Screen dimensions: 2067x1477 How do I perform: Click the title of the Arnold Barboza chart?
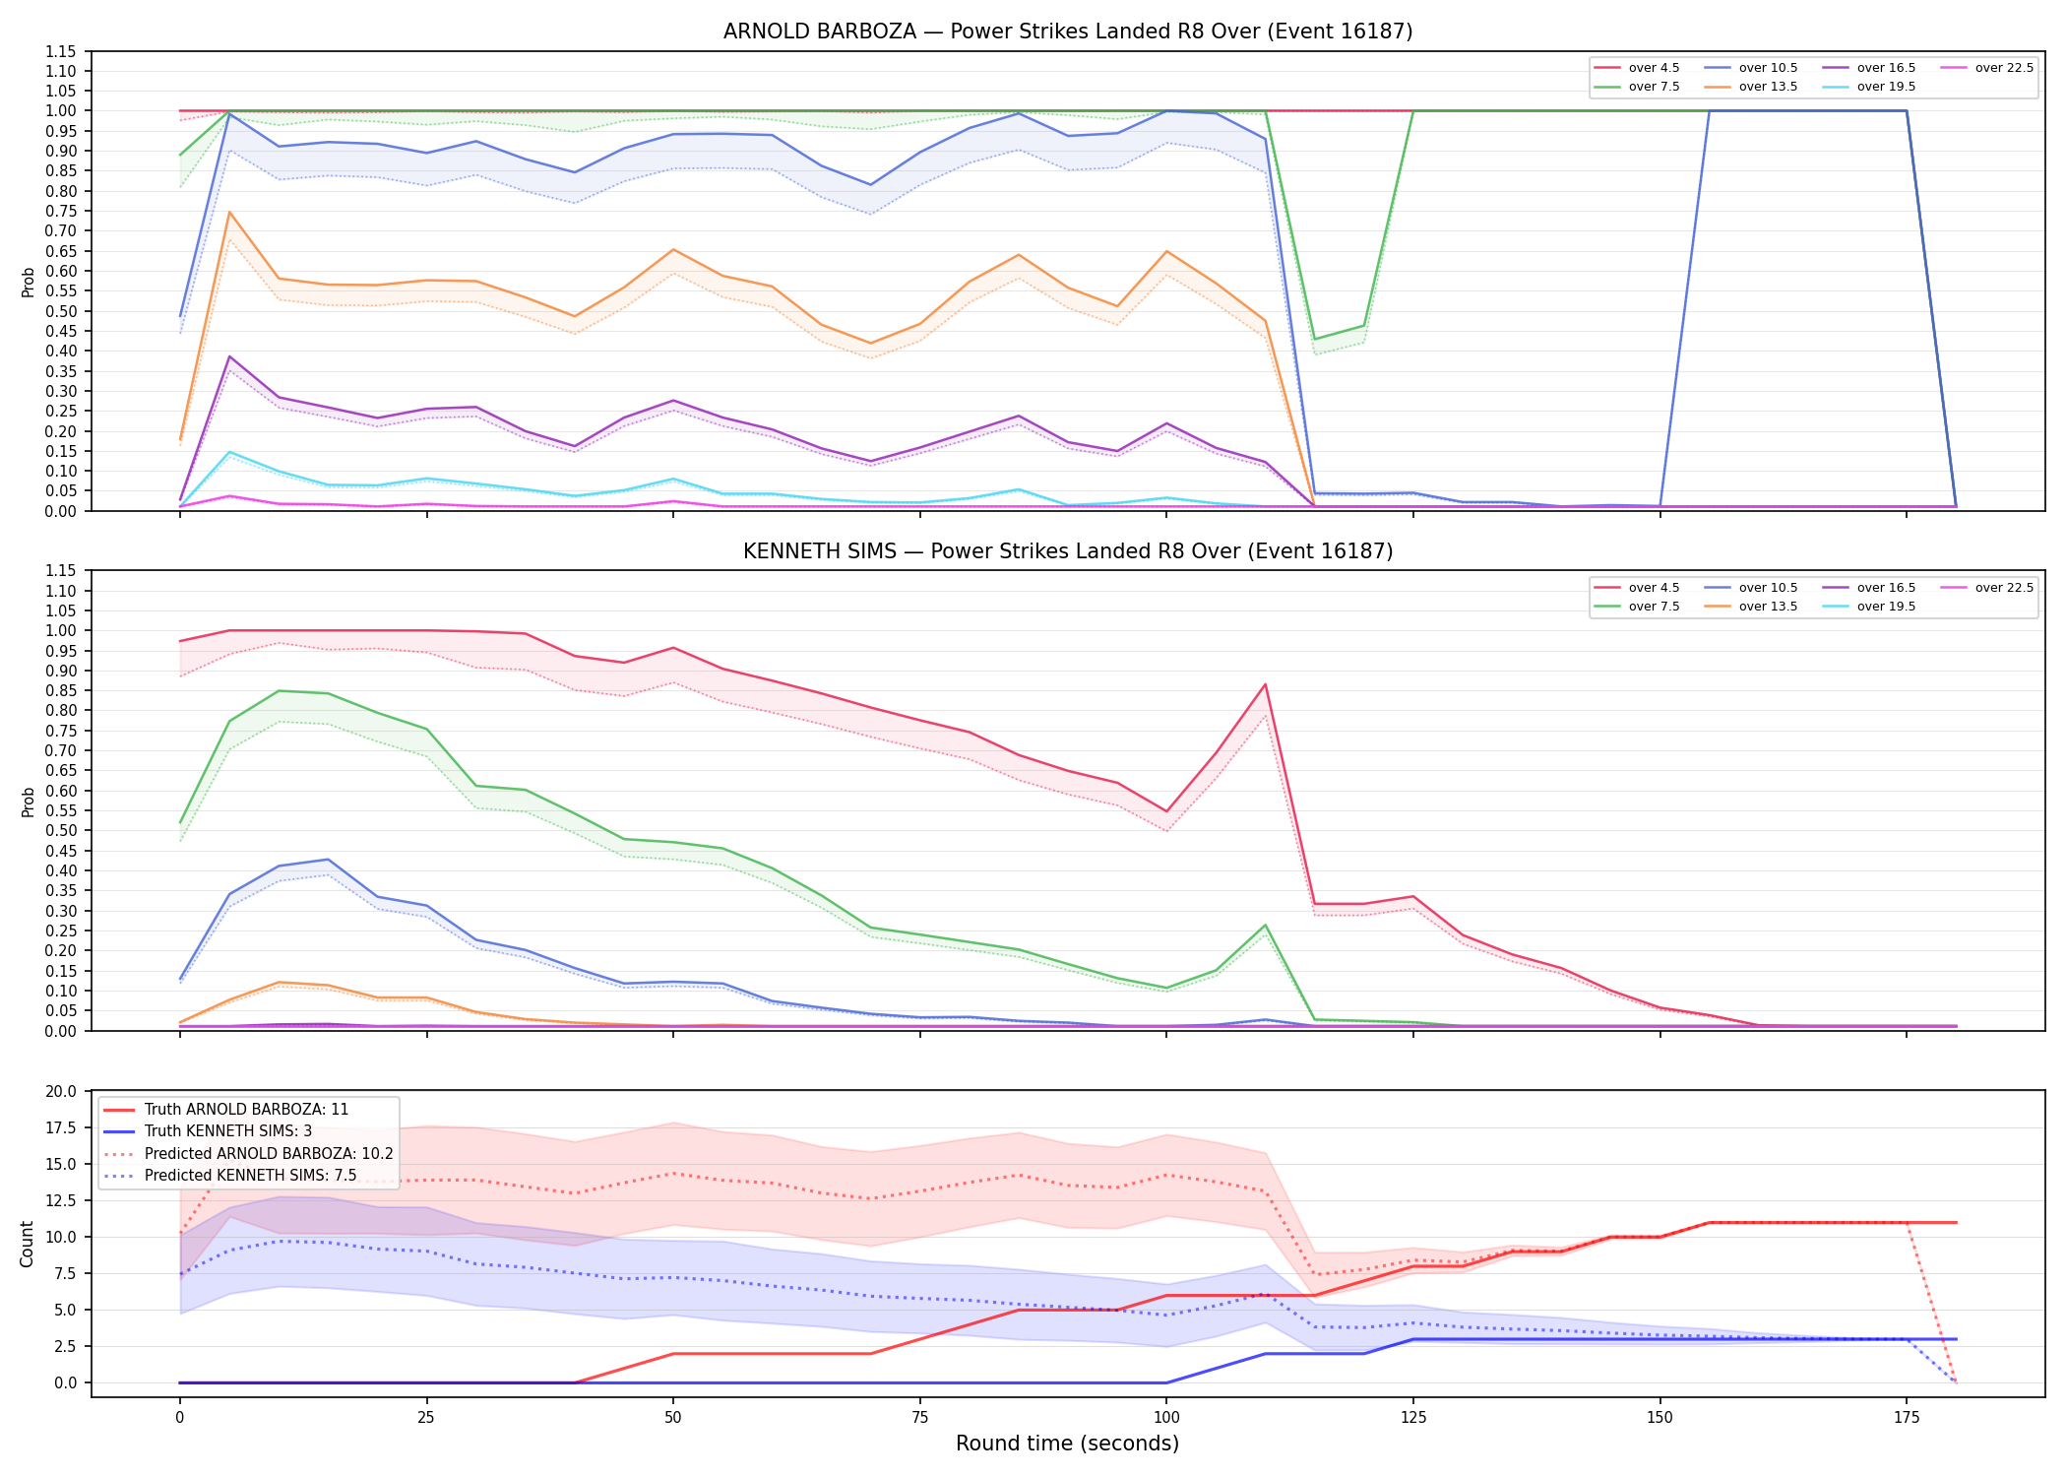click(1068, 32)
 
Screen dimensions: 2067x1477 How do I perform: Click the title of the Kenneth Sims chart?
click(1068, 551)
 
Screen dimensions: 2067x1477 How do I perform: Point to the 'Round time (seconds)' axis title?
click(1067, 1444)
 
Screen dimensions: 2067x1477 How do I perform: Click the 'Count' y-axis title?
click(27, 1244)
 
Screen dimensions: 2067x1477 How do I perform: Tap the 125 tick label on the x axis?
click(1412, 1418)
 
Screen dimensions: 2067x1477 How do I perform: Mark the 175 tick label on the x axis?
click(1907, 1418)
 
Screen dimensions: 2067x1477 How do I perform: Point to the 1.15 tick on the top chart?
click(66, 51)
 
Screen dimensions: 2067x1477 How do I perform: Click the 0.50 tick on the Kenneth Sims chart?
click(66, 830)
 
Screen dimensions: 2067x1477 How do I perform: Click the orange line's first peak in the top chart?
click(229, 212)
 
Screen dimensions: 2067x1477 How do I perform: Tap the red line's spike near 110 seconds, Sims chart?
click(1265, 684)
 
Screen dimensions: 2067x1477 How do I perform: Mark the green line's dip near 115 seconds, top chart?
click(1315, 339)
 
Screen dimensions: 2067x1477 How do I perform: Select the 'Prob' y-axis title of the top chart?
click(28, 282)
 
